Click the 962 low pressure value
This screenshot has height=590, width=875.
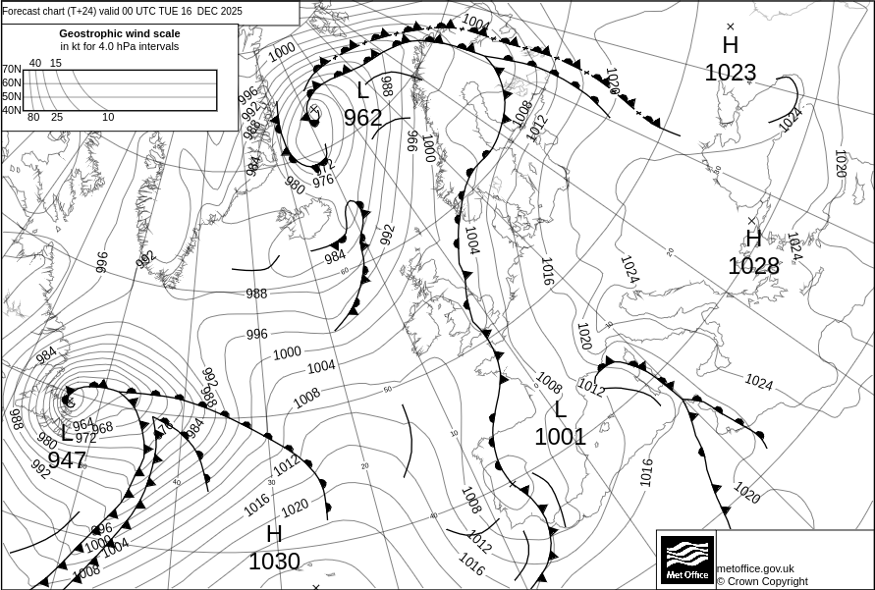tap(362, 119)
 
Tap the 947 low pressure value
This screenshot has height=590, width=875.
tap(67, 459)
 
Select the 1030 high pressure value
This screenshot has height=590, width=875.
tap(274, 562)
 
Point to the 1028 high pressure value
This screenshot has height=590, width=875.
tap(753, 266)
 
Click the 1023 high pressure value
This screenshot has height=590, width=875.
tap(731, 73)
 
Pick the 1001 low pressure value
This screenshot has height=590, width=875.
tap(560, 437)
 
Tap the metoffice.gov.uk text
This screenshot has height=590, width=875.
tap(755, 568)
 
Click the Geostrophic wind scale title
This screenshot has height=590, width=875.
tap(120, 33)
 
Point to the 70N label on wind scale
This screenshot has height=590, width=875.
tap(11, 70)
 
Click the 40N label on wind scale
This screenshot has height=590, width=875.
tap(11, 110)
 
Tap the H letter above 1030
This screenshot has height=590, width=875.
tap(274, 535)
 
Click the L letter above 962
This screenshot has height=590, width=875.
tap(362, 91)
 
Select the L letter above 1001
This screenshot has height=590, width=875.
tap(561, 409)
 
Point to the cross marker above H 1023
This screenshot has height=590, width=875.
tap(731, 27)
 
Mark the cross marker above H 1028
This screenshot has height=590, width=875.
tap(752, 221)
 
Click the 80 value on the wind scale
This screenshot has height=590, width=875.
tap(33, 118)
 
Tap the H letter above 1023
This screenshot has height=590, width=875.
tap(731, 45)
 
